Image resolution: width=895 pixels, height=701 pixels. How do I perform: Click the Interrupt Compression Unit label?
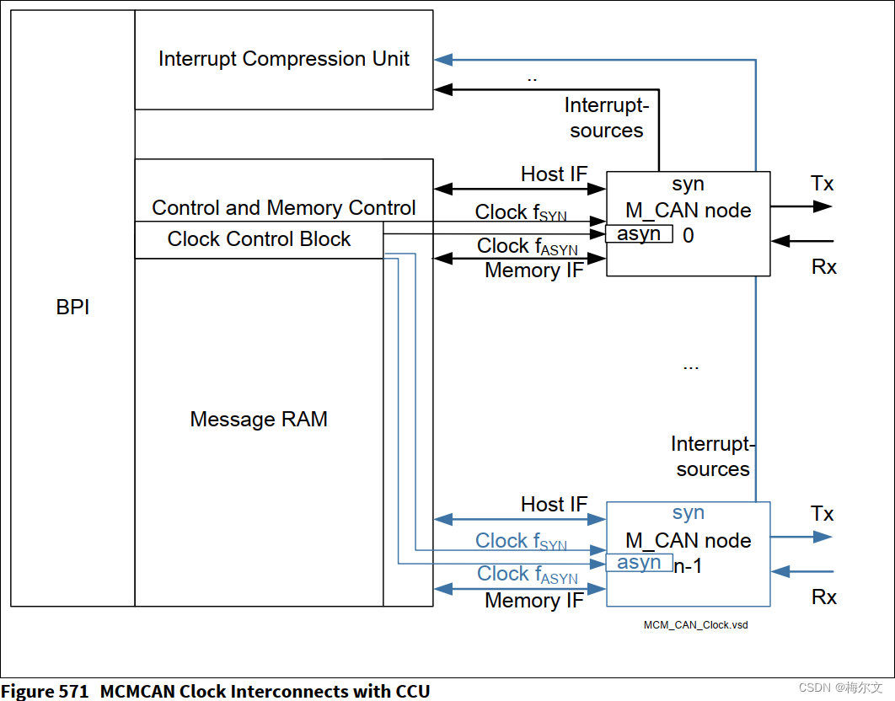[284, 59]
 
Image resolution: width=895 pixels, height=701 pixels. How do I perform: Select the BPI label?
[72, 308]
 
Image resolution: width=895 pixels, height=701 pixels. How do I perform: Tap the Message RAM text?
[259, 419]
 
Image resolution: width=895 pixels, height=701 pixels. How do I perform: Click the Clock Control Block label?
[259, 239]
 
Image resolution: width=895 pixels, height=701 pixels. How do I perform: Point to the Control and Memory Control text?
[284, 208]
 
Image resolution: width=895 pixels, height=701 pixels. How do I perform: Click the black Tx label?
[823, 184]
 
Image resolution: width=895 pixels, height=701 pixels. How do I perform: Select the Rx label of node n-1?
[824, 597]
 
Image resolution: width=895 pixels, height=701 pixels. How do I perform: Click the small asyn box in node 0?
[639, 234]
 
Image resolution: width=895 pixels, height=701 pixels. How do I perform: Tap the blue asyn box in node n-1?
[639, 563]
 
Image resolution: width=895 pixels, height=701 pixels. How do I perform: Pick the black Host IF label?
[554, 174]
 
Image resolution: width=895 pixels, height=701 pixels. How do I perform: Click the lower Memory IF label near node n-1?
[533, 601]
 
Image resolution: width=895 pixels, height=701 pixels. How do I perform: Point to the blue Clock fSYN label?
[521, 542]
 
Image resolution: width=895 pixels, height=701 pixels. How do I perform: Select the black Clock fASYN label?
[528, 247]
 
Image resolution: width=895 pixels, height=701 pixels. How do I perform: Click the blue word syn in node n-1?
[689, 513]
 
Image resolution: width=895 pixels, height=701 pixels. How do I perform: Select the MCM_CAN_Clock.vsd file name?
[695, 625]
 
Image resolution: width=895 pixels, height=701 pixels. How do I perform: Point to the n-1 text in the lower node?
[688, 566]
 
